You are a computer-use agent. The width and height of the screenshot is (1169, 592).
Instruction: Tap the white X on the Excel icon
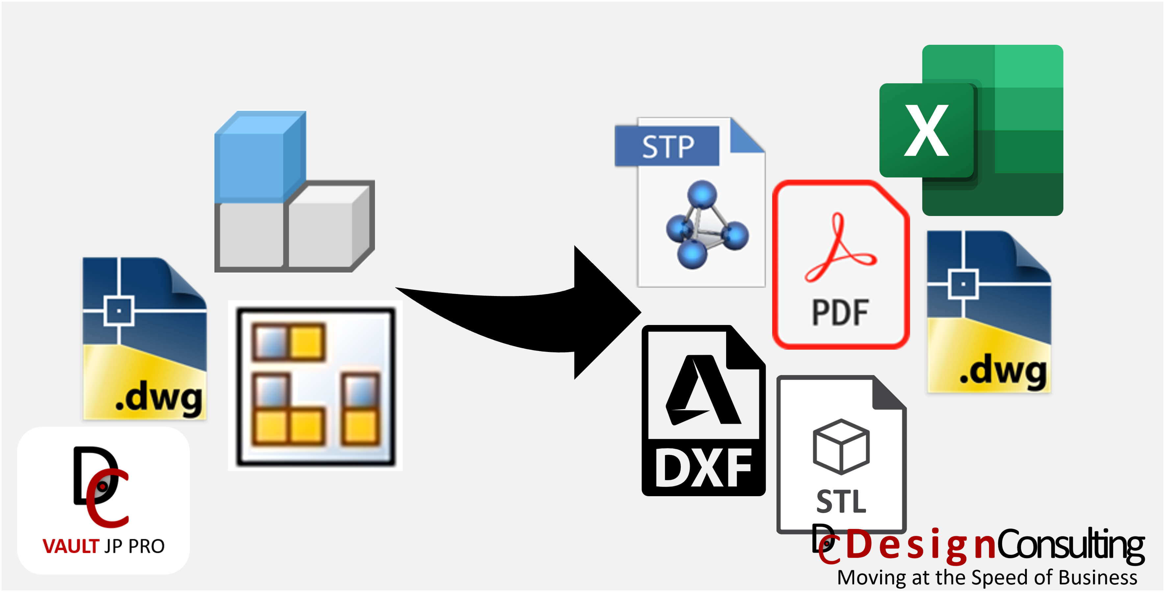tap(926, 131)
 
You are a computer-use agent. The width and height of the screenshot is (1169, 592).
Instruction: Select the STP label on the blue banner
tap(668, 147)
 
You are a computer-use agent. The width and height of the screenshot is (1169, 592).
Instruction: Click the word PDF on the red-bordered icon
tap(840, 313)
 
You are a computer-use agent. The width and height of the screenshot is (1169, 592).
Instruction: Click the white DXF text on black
tap(703, 468)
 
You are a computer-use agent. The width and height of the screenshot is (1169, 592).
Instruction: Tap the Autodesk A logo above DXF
tap(702, 390)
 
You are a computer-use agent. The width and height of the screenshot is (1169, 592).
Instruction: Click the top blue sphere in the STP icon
tap(701, 194)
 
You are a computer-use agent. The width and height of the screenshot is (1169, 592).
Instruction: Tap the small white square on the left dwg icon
tap(119, 311)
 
